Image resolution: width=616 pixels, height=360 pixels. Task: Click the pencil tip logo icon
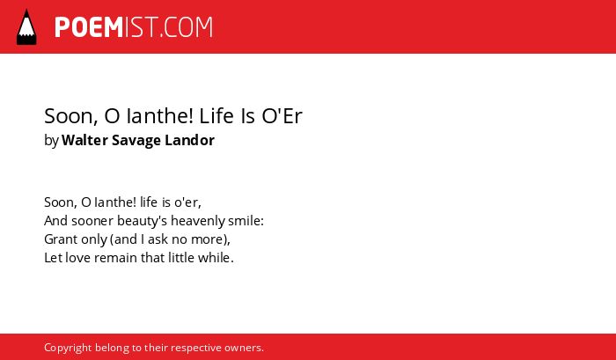pyautogui.click(x=26, y=26)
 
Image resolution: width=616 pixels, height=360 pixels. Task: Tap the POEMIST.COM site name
pyautogui.click(x=134, y=27)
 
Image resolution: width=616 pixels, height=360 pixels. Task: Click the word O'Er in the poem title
pyautogui.click(x=282, y=116)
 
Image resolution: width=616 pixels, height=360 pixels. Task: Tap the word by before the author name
pyautogui.click(x=51, y=141)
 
